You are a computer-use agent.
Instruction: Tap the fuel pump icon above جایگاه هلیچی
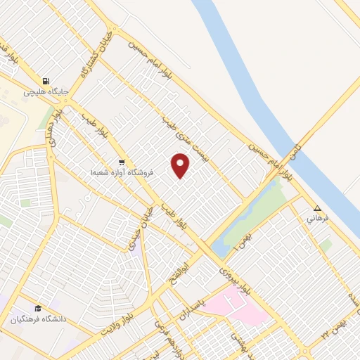click(46, 81)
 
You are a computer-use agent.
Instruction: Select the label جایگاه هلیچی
click(46, 91)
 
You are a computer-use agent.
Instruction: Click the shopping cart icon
click(122, 162)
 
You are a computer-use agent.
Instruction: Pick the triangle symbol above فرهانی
click(317, 208)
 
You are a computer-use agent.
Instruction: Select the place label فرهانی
click(317, 219)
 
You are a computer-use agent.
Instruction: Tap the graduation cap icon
click(37, 308)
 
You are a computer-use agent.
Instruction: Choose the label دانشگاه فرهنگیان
click(37, 319)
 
